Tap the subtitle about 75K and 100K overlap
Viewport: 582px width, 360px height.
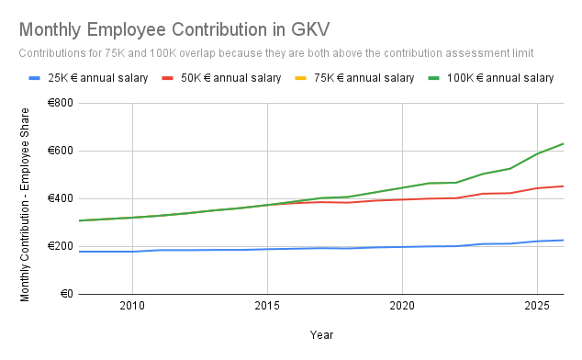pos(275,53)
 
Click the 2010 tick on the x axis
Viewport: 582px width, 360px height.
pos(132,305)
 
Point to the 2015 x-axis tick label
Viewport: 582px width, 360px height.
pos(267,305)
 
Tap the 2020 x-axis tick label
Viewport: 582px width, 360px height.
pos(402,305)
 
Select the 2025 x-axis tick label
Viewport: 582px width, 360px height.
pos(537,305)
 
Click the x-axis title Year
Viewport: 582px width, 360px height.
pos(320,336)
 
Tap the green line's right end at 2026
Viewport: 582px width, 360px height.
pos(563,143)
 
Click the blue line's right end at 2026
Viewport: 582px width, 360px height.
pos(563,240)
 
